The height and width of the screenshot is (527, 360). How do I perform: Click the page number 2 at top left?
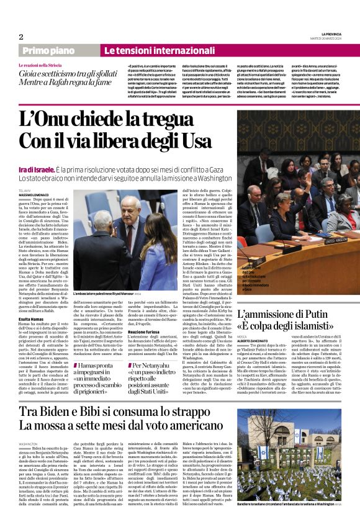coord(21,37)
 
